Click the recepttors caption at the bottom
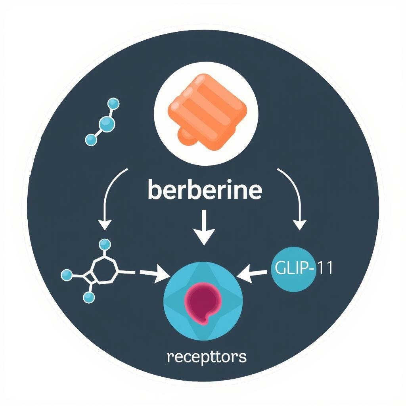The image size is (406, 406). click(207, 356)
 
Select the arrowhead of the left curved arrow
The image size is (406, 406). click(105, 225)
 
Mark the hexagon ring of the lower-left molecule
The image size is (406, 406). click(104, 270)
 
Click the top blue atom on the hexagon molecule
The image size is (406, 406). click(104, 244)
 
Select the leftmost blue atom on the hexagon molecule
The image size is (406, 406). click(67, 274)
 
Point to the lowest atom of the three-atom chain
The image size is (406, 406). click(91, 139)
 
